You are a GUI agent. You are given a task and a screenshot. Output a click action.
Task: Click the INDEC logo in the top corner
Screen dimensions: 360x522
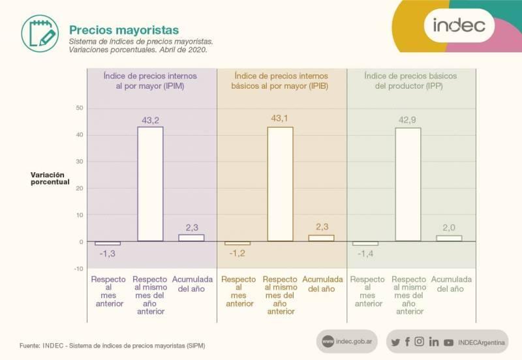click(x=459, y=25)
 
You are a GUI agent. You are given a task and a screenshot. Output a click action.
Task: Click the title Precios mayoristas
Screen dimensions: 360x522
click(x=124, y=30)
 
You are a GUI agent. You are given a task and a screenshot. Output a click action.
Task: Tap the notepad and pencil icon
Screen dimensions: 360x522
click(x=38, y=31)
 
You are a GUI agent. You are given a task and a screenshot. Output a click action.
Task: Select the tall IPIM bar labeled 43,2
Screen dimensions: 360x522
click(x=150, y=184)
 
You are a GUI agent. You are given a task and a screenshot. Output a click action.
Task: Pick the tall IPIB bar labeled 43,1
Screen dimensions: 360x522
click(x=280, y=184)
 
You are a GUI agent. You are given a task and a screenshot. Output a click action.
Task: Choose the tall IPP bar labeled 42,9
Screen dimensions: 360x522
click(x=408, y=185)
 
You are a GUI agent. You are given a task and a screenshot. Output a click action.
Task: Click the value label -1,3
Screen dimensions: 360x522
click(x=107, y=254)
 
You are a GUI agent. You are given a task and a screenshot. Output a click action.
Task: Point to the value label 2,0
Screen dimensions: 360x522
click(x=450, y=227)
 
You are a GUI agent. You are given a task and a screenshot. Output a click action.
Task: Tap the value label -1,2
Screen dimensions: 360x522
click(x=236, y=253)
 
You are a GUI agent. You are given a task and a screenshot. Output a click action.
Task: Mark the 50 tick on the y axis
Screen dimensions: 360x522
click(x=80, y=108)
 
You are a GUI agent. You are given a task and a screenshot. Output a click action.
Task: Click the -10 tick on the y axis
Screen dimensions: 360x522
click(x=78, y=269)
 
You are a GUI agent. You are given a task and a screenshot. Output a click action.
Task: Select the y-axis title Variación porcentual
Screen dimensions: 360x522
click(x=50, y=178)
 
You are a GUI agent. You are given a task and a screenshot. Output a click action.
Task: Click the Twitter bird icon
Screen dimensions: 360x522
click(x=395, y=342)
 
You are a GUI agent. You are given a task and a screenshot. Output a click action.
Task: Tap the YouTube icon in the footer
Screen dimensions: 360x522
click(x=448, y=342)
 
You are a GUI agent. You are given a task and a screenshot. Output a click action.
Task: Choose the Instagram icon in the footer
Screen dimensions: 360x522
click(x=420, y=342)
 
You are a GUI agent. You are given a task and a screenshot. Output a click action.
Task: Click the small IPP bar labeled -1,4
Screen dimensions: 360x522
click(x=360, y=244)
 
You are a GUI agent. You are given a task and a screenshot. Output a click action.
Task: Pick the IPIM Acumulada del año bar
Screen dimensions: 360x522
click(x=191, y=238)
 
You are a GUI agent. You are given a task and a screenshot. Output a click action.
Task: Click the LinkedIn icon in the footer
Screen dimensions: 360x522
click(x=434, y=342)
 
